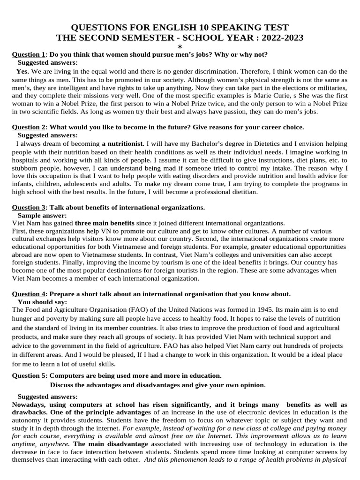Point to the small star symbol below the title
click(x=180, y=47)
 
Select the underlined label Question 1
click(x=29, y=54)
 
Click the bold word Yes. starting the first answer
click(x=22, y=72)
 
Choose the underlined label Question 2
click(x=29, y=127)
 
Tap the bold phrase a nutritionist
click(x=122, y=144)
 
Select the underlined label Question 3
click(x=29, y=208)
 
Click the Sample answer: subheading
click(x=41, y=216)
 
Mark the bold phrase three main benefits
click(x=105, y=224)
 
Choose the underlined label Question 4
click(x=29, y=294)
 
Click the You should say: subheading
click(x=42, y=302)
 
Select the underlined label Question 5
click(x=29, y=375)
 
